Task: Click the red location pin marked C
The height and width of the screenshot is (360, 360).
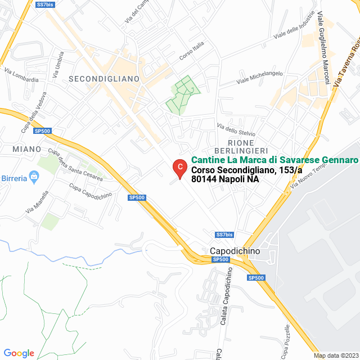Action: pos(179,168)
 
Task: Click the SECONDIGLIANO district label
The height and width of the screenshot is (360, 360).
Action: pos(103,79)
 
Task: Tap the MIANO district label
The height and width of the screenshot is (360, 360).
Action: pos(26,149)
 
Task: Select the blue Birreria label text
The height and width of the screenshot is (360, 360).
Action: pos(13,178)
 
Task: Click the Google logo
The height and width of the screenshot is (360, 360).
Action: pos(19,353)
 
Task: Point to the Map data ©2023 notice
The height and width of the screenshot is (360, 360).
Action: pos(336,355)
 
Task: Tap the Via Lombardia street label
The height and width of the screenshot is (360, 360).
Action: pos(21,75)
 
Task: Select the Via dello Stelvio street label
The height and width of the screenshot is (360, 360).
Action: pos(236,129)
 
